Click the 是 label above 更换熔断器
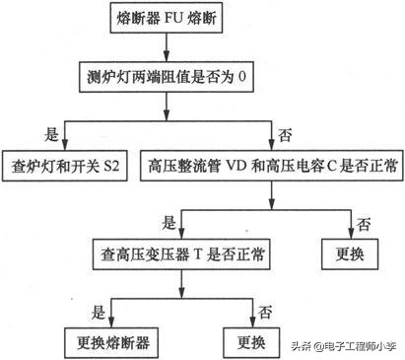coord(97,311)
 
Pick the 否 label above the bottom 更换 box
coord(264,311)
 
